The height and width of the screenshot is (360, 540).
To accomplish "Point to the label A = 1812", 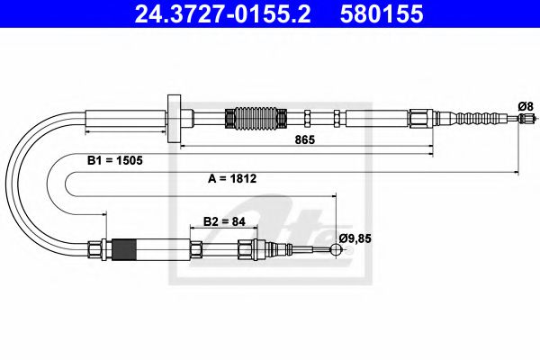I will [x=234, y=179].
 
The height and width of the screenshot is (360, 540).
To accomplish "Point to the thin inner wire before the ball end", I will [x=310, y=250].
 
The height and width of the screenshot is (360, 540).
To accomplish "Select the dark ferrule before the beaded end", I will [x=419, y=118].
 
